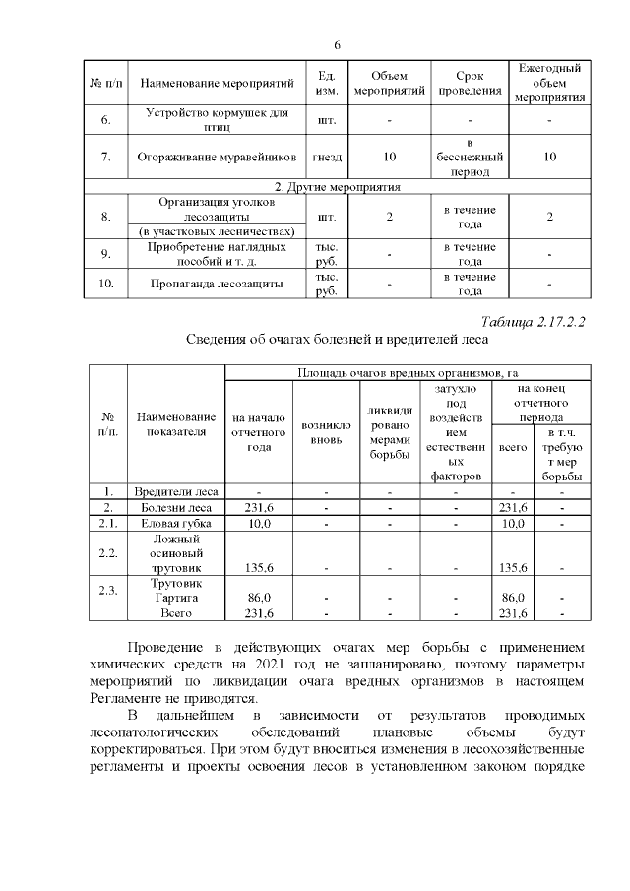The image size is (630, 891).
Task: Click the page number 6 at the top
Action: pos(337,45)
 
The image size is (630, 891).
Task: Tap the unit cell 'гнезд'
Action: pos(326,157)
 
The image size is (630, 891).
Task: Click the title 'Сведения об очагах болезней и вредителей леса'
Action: pos(338,339)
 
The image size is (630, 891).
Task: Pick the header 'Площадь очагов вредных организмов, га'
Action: pos(408,373)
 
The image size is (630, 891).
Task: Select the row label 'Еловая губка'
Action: pos(176,523)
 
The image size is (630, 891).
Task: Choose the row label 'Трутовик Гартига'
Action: pos(176,591)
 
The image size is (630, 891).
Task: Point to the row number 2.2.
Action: pos(108,553)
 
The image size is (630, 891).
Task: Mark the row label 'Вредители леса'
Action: pos(176,491)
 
